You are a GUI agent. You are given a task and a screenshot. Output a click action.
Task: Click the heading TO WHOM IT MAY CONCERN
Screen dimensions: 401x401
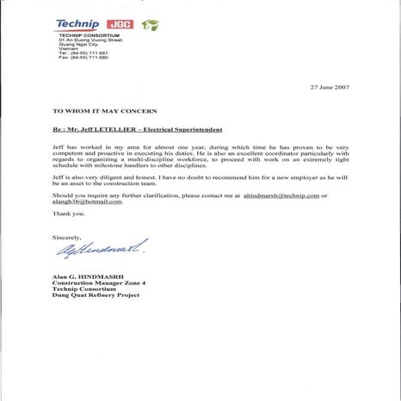(x=96, y=111)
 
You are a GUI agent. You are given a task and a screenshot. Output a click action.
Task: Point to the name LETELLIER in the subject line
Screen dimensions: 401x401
(x=135, y=131)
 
